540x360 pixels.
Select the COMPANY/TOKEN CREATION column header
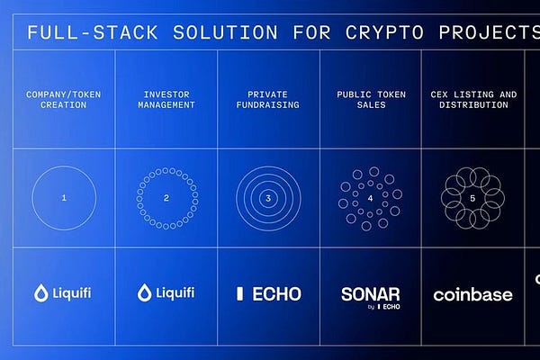(64, 99)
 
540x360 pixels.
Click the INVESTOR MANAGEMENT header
(166, 99)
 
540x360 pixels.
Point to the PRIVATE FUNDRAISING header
(268, 99)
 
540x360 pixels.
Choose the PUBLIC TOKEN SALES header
(371, 99)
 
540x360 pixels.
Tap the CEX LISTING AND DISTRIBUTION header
(473, 99)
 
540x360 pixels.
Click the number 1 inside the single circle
(64, 196)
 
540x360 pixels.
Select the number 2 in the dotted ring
(166, 196)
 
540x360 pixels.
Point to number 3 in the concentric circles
(268, 196)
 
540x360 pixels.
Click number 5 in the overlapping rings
(473, 196)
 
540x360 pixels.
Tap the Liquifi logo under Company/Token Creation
(64, 293)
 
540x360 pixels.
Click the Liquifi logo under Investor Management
(166, 293)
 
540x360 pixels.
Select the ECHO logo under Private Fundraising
(268, 293)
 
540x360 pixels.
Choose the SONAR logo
(371, 293)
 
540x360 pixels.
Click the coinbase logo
(472, 294)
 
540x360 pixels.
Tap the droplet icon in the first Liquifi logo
(40, 293)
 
